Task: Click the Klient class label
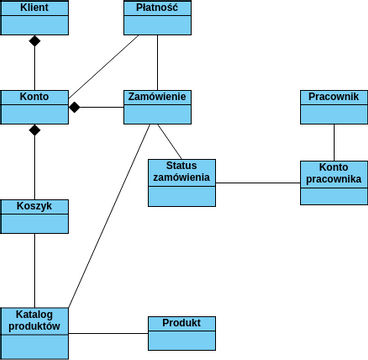click(x=34, y=8)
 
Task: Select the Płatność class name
click(x=157, y=8)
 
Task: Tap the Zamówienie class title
click(x=157, y=97)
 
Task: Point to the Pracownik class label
click(x=334, y=97)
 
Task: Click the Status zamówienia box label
click(x=181, y=171)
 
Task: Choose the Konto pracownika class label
click(x=334, y=173)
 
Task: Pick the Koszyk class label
click(x=34, y=206)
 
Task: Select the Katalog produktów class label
click(x=34, y=320)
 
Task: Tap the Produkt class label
click(x=181, y=323)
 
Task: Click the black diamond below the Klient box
click(x=34, y=41)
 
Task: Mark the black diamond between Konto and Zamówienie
click(x=75, y=107)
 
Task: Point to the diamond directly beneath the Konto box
click(x=34, y=130)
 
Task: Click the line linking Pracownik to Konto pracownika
click(x=334, y=142)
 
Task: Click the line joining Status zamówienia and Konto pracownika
click(x=258, y=183)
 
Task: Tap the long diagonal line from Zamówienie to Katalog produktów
click(x=110, y=215)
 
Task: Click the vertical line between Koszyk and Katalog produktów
click(x=34, y=270)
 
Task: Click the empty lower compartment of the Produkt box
click(x=181, y=340)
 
